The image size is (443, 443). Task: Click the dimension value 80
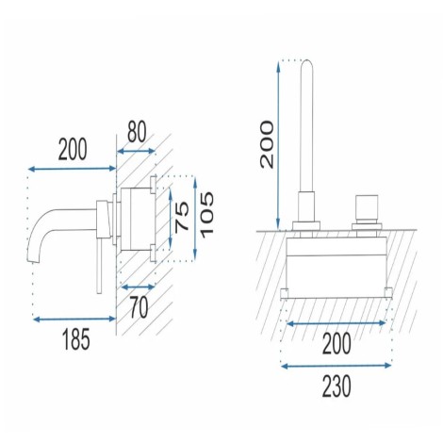(137, 132)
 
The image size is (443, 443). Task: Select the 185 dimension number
(76, 339)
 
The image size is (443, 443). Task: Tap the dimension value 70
(139, 307)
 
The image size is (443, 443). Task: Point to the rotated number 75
(182, 217)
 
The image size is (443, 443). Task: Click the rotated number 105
(207, 215)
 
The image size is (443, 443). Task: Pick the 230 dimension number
(336, 386)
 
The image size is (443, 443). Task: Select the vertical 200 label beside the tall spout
(267, 144)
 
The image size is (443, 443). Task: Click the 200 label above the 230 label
(336, 344)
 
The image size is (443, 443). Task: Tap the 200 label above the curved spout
(73, 149)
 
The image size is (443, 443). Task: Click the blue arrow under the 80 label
(136, 152)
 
